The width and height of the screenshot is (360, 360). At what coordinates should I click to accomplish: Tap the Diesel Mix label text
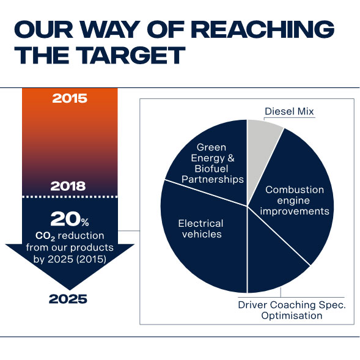[x=289, y=112]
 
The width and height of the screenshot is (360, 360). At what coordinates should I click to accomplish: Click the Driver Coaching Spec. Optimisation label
[x=292, y=310]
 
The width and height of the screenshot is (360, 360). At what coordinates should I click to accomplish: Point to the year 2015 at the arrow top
[x=70, y=98]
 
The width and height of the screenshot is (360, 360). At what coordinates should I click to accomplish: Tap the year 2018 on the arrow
[x=68, y=186]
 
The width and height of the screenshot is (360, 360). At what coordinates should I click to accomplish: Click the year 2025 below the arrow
[x=68, y=299]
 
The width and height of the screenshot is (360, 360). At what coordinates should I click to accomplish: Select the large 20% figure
[x=70, y=219]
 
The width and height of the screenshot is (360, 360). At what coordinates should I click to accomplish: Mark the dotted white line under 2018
[x=70, y=197]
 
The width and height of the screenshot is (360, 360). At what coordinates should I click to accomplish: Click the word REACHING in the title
[x=263, y=29]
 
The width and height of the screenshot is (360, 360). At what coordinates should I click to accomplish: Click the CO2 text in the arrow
[x=45, y=236]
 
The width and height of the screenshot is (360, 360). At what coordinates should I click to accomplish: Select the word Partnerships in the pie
[x=213, y=180]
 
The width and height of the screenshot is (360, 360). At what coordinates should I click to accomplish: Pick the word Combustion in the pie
[x=295, y=190]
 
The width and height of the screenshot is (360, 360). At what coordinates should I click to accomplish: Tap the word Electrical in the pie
[x=200, y=223]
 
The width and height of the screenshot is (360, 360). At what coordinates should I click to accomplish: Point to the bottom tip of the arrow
[x=70, y=290]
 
